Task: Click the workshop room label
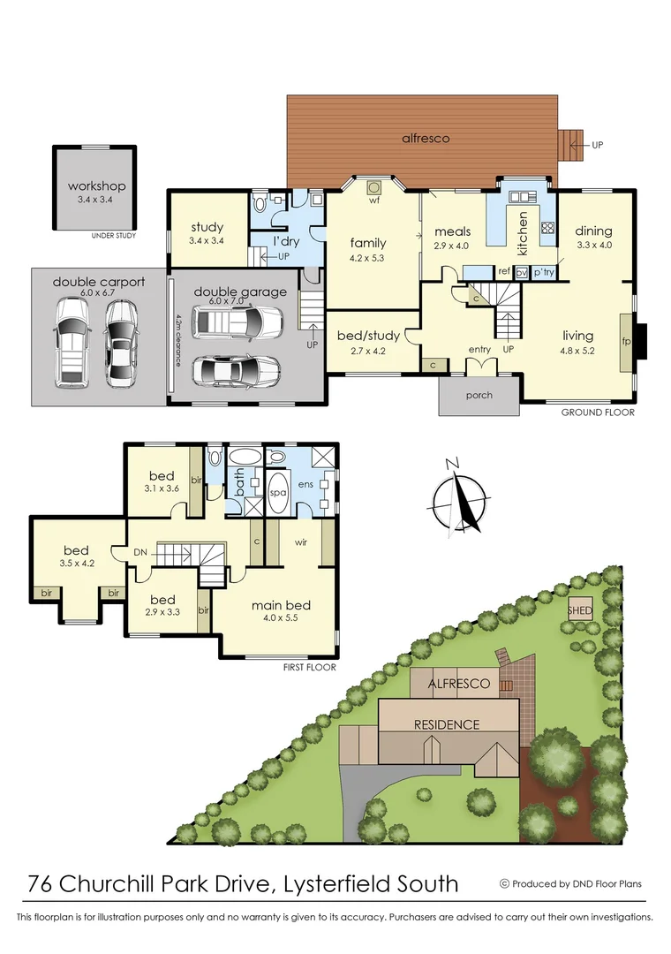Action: click(x=96, y=186)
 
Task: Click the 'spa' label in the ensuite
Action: click(x=277, y=492)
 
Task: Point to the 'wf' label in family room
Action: click(x=374, y=200)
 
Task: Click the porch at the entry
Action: click(x=479, y=395)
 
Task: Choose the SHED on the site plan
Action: click(x=580, y=610)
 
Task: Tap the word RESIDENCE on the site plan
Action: click(x=447, y=724)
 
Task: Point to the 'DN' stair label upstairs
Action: click(x=140, y=551)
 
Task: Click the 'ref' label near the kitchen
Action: click(x=505, y=272)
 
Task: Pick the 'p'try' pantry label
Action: click(x=543, y=272)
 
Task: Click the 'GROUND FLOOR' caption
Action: click(x=598, y=413)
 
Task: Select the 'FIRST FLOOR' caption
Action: click(x=309, y=668)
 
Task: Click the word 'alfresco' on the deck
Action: click(x=426, y=139)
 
